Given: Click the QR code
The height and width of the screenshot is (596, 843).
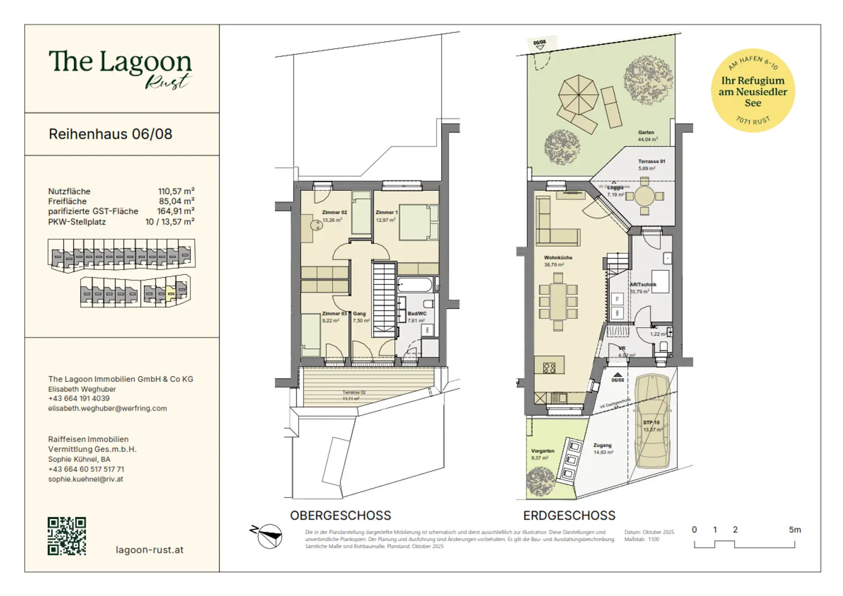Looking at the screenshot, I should click(x=66, y=536).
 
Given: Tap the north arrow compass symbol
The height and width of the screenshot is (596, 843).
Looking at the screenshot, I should click(x=268, y=536).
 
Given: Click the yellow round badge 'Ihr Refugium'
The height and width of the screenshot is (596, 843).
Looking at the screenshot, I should click(x=752, y=91).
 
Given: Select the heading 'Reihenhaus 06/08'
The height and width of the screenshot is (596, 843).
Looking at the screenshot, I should click(x=110, y=134).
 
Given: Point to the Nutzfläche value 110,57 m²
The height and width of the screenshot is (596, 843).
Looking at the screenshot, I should click(x=176, y=192).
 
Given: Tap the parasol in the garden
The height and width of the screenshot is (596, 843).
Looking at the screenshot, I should click(x=578, y=94).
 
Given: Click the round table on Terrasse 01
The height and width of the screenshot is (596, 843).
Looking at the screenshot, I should click(x=644, y=196).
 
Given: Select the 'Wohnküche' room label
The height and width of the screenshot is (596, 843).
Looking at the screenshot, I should click(x=558, y=257).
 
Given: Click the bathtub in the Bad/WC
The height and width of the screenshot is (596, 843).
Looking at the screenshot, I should click(x=415, y=285).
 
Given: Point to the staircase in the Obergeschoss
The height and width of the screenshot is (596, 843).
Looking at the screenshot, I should click(x=384, y=300).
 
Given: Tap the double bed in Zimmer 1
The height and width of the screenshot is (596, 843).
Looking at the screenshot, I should click(x=418, y=222).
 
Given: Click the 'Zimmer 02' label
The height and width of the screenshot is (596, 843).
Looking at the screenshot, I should click(x=334, y=212).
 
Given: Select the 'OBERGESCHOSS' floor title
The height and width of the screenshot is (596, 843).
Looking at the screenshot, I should click(x=340, y=515).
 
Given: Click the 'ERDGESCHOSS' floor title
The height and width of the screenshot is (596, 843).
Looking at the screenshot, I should click(x=569, y=515).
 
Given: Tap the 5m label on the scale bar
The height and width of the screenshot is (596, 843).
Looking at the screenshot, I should click(x=795, y=530).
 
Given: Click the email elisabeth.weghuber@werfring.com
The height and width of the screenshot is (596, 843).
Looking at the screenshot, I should click(x=108, y=408).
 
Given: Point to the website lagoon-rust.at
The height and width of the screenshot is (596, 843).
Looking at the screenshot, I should click(x=149, y=549).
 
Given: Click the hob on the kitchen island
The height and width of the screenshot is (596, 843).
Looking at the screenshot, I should click(x=549, y=368).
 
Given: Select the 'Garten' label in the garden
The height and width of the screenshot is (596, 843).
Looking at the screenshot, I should click(x=646, y=132).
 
